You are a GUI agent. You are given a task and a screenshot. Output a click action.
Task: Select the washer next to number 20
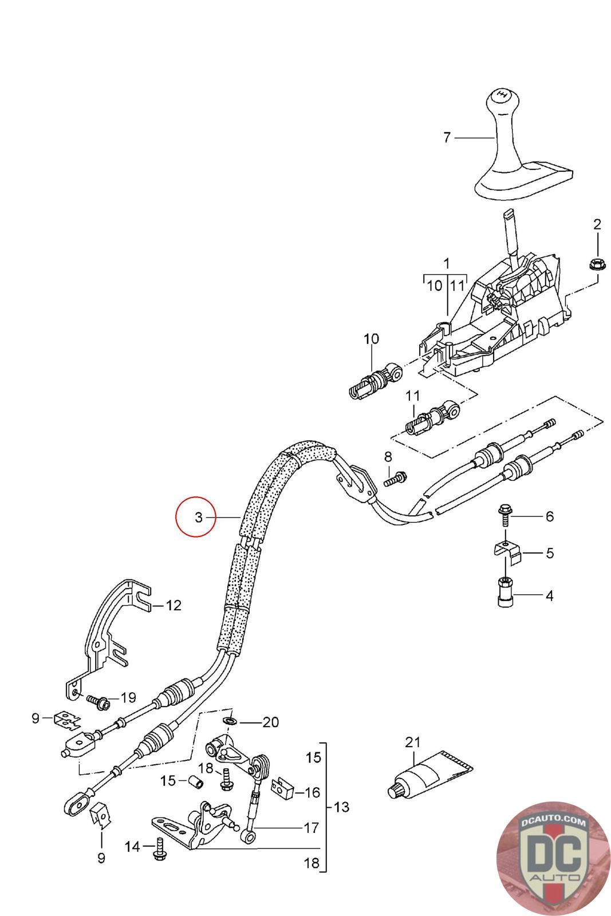[230, 720]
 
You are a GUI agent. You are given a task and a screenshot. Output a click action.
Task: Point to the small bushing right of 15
[196, 781]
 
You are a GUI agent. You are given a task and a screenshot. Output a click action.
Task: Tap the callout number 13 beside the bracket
[341, 807]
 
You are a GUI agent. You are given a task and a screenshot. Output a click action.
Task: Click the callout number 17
[311, 828]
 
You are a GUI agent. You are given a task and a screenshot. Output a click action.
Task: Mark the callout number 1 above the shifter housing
[447, 264]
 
